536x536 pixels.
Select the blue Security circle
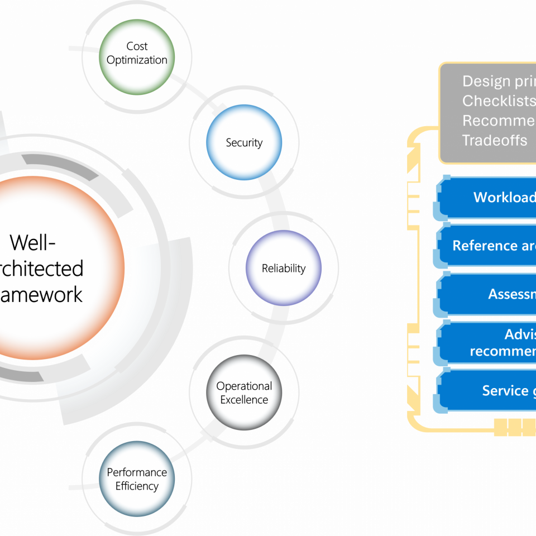(244, 143)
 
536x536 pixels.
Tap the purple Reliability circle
(284, 268)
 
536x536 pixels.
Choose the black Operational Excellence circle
(244, 393)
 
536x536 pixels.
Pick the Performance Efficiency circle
(137, 478)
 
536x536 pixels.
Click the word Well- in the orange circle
(32, 242)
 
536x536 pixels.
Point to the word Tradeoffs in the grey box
(495, 140)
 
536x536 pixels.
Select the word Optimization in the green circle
(137, 60)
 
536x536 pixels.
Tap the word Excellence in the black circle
(244, 400)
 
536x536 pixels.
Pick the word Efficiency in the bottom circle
(137, 486)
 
